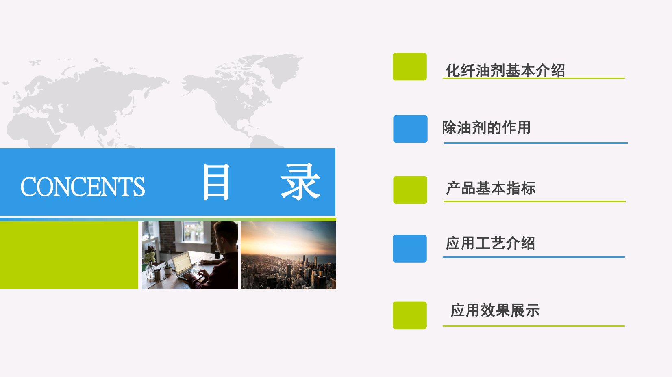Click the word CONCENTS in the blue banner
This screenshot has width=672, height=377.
pyautogui.click(x=83, y=187)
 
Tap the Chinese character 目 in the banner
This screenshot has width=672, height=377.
pyautogui.click(x=216, y=182)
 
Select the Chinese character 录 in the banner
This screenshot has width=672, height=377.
pyautogui.click(x=300, y=182)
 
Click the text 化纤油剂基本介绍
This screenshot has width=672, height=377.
pyautogui.click(x=505, y=71)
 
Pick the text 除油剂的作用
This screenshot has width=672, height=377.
pyautogui.click(x=486, y=127)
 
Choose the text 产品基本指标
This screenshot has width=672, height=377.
pyautogui.click(x=491, y=188)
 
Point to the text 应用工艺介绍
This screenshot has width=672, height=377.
pyautogui.click(x=490, y=243)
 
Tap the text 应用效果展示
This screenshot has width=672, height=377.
pyautogui.click(x=495, y=310)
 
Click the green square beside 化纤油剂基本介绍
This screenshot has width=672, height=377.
pyautogui.click(x=410, y=67)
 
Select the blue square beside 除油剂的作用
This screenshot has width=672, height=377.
pyautogui.click(x=411, y=129)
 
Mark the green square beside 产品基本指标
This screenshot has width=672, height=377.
pyautogui.click(x=410, y=190)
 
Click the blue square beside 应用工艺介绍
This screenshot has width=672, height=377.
pyautogui.click(x=410, y=248)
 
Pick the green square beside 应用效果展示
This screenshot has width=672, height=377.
pyautogui.click(x=410, y=315)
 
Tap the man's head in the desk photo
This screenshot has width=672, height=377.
pyautogui.click(x=226, y=237)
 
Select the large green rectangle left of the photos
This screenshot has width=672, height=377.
pyautogui.click(x=69, y=255)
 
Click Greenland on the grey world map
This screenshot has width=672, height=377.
pyautogui.click(x=281, y=68)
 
